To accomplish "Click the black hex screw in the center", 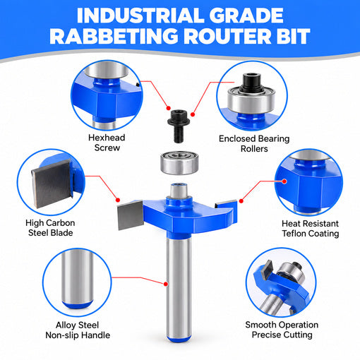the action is click(179, 126).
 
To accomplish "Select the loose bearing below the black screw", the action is click(179, 163).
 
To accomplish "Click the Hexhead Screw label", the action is click(107, 143).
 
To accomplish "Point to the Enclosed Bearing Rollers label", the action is click(254, 143).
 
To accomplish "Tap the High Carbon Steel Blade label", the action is click(50, 228).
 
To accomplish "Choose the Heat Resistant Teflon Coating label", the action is click(311, 229).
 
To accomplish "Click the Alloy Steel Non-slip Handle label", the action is click(78, 330).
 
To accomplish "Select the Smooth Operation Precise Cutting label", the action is click(282, 330).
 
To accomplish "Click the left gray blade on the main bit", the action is click(130, 215).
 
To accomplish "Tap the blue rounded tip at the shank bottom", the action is click(179, 339).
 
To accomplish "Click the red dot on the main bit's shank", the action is click(166, 284).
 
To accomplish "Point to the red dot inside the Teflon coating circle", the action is click(284, 181).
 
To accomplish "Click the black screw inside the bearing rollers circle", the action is click(251, 83).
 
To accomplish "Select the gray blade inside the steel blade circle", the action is click(52, 184).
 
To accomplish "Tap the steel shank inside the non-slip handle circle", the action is click(77, 277).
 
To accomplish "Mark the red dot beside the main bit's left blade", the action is click(118, 200).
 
